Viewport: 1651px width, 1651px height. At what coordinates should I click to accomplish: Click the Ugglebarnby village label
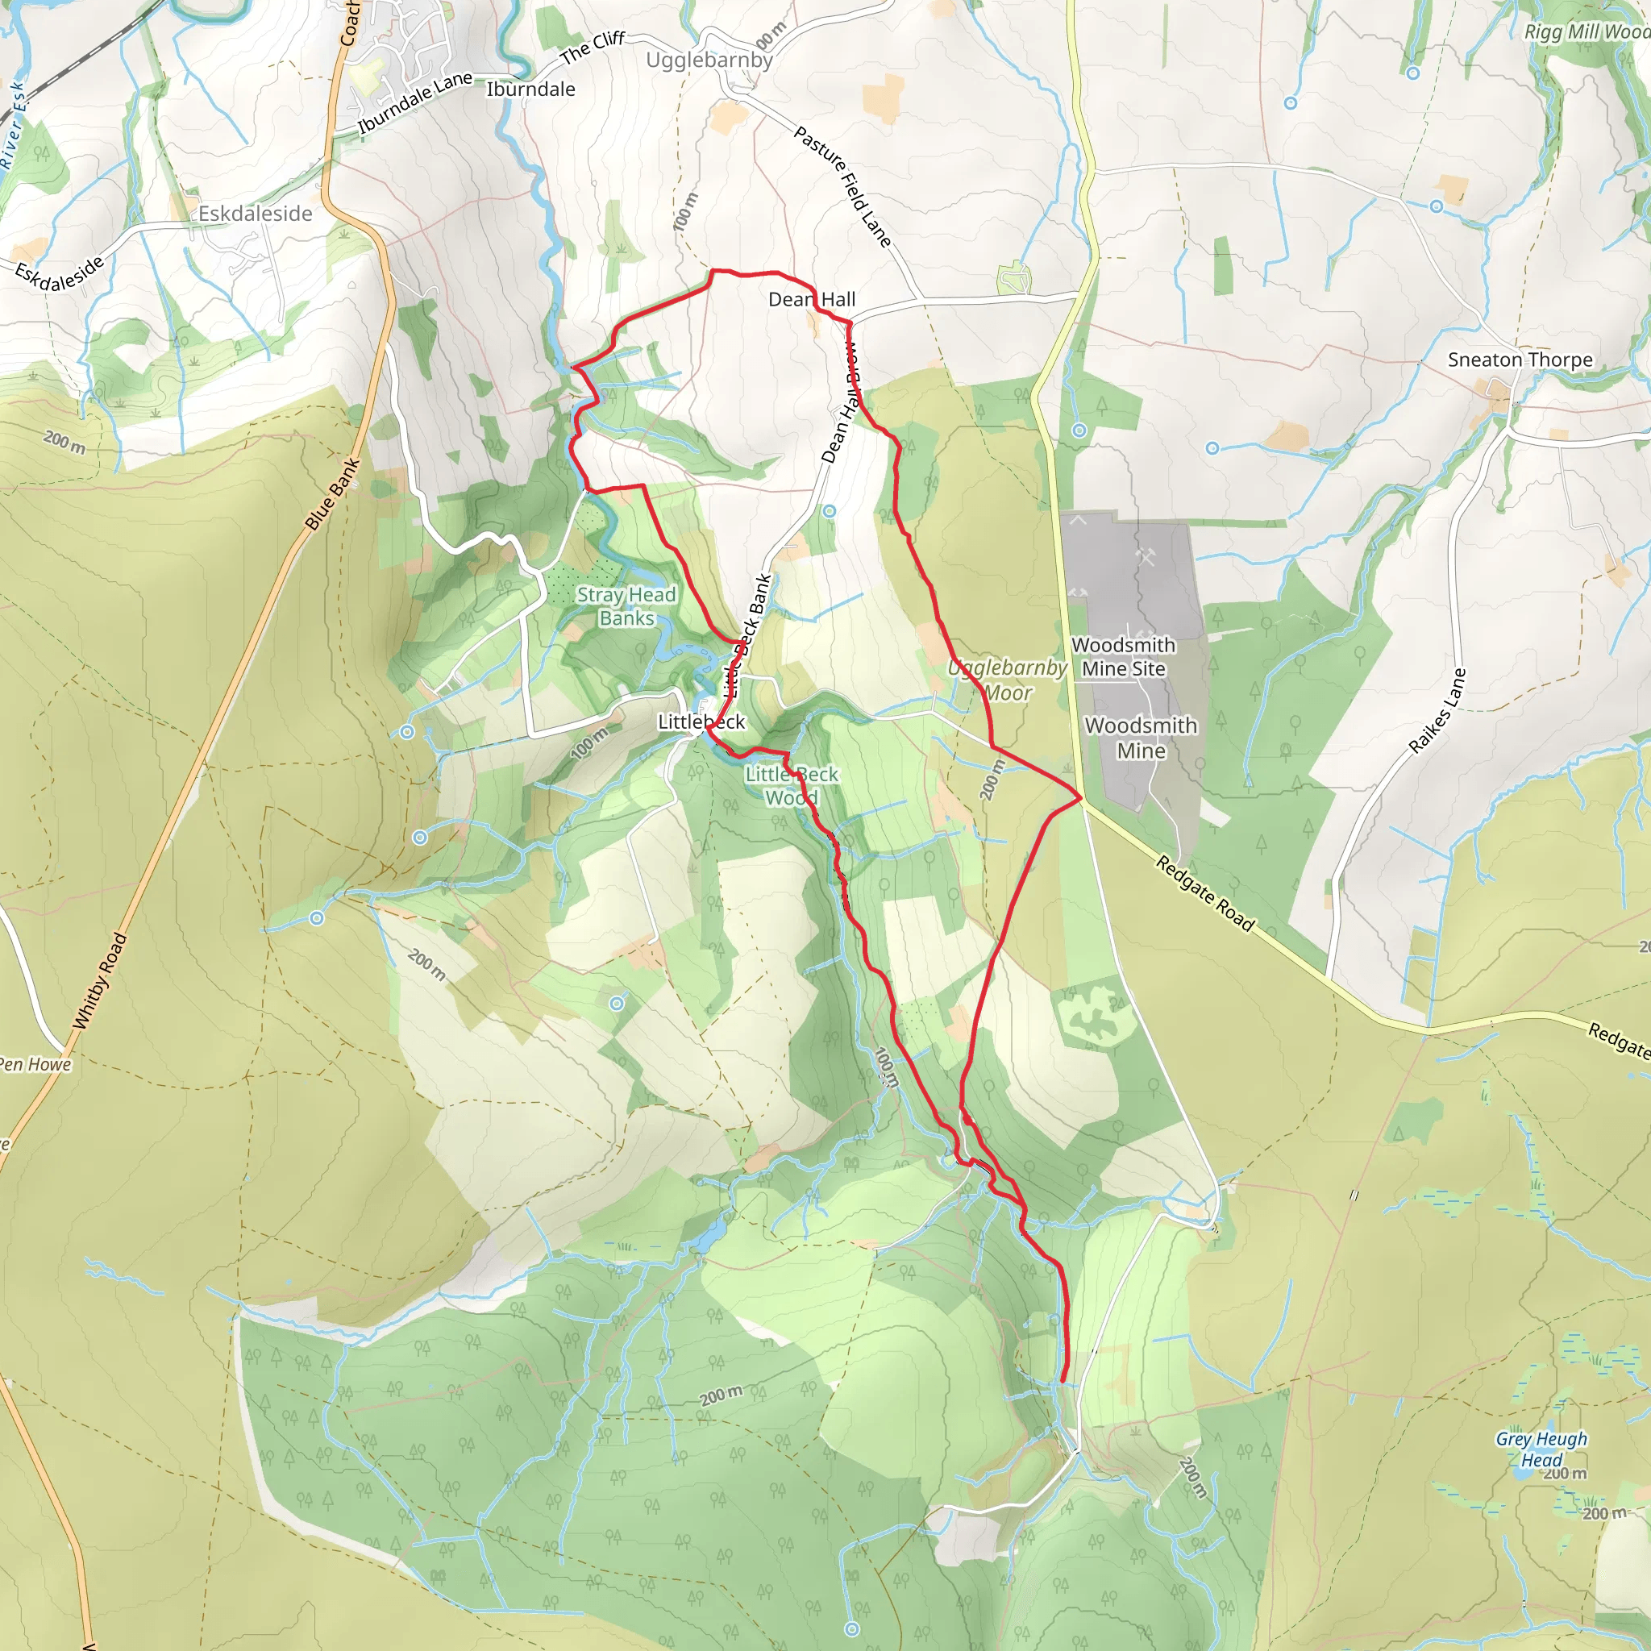click(x=709, y=60)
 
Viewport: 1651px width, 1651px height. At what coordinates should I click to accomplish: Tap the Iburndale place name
click(x=530, y=89)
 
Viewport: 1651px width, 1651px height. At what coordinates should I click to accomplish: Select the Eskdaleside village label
click(x=255, y=214)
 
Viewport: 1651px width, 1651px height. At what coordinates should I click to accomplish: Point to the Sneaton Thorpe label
click(x=1520, y=360)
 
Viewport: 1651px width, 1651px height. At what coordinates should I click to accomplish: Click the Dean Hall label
click(x=811, y=299)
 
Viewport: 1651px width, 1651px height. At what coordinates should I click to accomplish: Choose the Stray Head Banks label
click(x=626, y=606)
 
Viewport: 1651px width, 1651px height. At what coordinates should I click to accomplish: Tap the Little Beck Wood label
click(x=792, y=785)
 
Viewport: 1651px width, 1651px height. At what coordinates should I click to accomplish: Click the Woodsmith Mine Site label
click(x=1123, y=656)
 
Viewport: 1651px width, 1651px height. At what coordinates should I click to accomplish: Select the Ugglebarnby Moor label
click(x=1008, y=680)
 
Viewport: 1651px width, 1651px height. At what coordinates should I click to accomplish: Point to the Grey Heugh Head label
click(x=1541, y=1449)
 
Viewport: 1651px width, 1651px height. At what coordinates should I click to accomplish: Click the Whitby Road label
click(x=100, y=981)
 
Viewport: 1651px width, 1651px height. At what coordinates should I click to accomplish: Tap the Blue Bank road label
click(x=332, y=494)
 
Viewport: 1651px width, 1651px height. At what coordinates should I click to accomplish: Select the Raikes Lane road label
click(x=1437, y=710)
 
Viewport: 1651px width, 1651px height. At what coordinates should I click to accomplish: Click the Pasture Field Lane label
click(x=842, y=186)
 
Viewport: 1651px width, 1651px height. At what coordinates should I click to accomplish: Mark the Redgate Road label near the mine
click(x=1205, y=893)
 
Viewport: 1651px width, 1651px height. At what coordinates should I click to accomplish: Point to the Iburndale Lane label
click(x=414, y=102)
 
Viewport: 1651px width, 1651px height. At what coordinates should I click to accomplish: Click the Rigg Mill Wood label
click(x=1587, y=31)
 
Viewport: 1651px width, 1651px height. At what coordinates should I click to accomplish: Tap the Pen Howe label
click(x=35, y=1064)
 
